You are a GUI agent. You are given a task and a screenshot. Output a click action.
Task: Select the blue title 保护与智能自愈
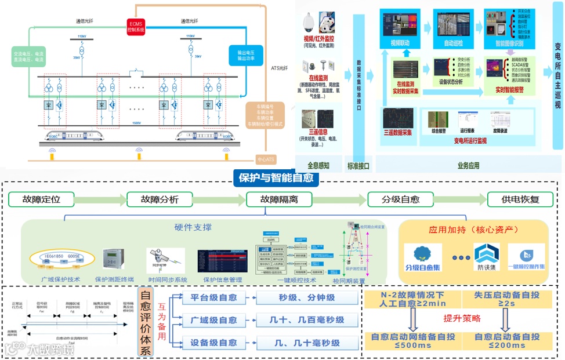click(x=276, y=178)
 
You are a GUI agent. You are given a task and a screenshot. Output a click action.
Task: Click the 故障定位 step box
click(x=41, y=199)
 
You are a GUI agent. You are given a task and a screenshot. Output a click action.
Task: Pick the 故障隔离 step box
click(x=278, y=199)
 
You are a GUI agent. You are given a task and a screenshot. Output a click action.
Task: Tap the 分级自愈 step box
click(x=400, y=199)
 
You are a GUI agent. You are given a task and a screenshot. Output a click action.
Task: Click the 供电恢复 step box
click(x=520, y=199)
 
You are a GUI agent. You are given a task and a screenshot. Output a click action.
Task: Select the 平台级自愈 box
click(x=213, y=298)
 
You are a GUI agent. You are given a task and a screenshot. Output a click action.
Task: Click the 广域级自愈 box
click(x=213, y=320)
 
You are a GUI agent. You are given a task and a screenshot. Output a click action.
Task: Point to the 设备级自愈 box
click(x=213, y=342)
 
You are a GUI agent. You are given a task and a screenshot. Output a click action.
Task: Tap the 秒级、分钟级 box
click(x=307, y=298)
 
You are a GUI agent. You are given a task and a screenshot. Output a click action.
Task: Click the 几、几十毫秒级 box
click(x=307, y=342)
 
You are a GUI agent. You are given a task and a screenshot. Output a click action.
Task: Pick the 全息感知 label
click(x=318, y=166)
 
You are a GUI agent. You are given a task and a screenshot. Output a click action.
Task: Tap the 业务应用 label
click(x=469, y=166)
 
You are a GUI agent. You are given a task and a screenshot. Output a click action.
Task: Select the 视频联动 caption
click(x=401, y=43)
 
